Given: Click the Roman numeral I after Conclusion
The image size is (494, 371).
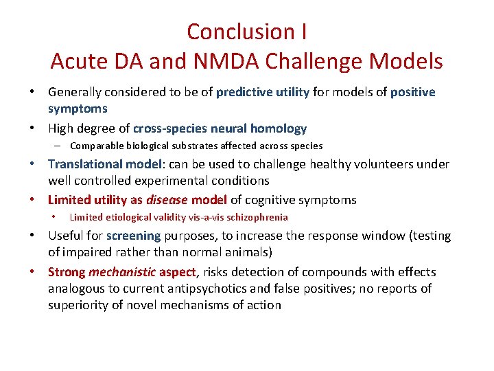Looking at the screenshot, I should click(x=303, y=32).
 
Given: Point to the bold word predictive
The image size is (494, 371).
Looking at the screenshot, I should click(x=246, y=92).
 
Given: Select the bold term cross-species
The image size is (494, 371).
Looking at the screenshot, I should click(x=163, y=128).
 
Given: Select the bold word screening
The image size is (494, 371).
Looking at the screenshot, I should click(x=134, y=236).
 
